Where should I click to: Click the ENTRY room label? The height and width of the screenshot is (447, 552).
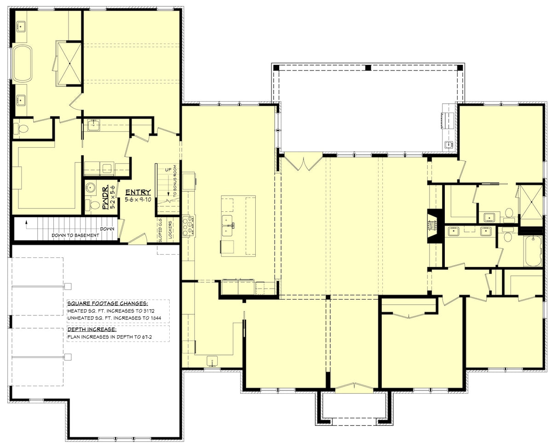coord(138,192)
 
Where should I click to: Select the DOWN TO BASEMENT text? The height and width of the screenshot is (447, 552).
coord(75,235)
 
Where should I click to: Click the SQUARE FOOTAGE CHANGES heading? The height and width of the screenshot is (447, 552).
coord(107,304)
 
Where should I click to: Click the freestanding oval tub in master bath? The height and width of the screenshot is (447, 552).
coord(22,64)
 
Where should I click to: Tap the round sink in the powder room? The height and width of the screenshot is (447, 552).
coord(90,188)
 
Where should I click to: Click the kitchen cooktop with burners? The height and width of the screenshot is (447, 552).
coord(188,226)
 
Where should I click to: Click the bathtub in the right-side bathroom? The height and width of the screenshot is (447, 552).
coord(533,251)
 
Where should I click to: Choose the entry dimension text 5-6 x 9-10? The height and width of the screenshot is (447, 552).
coord(138,200)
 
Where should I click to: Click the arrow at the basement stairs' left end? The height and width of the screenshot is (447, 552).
coord(27,225)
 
